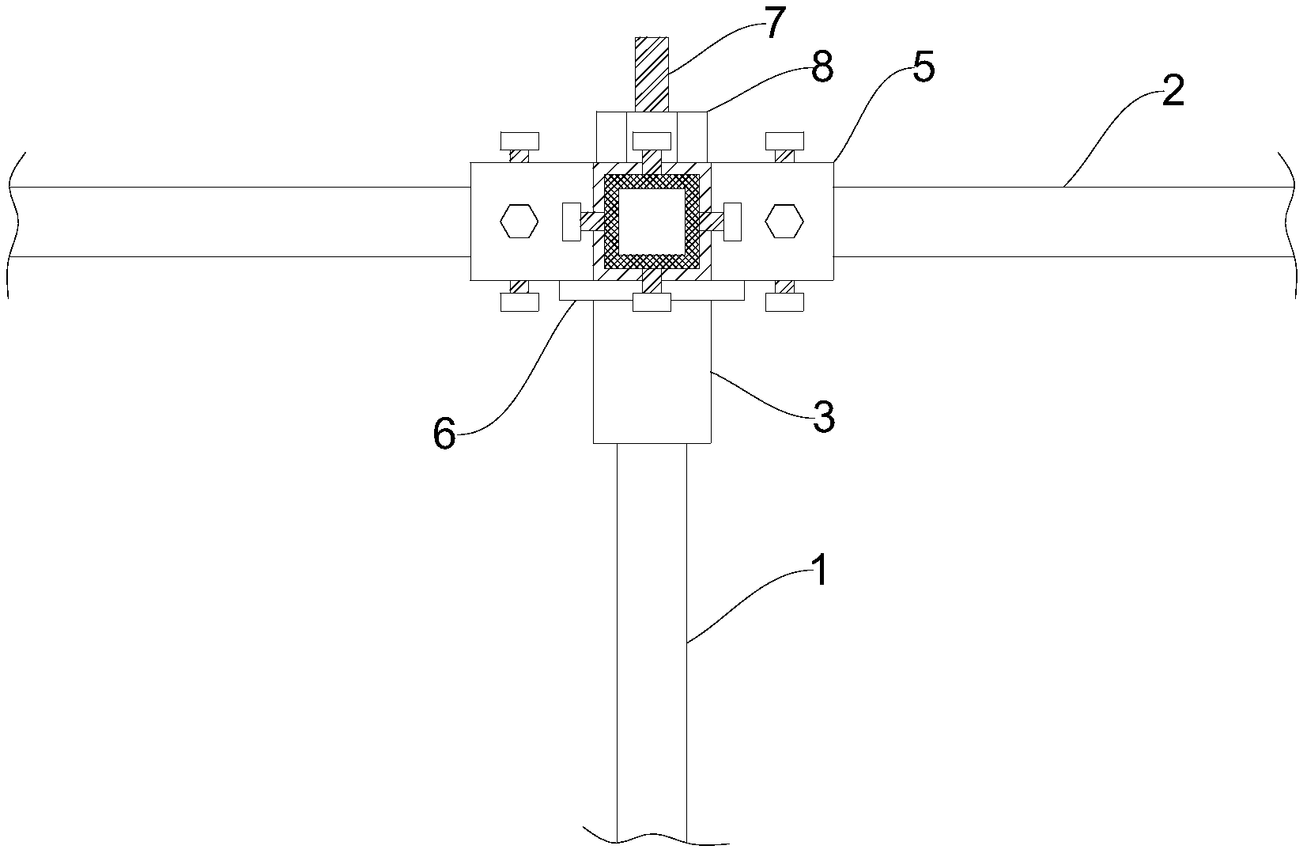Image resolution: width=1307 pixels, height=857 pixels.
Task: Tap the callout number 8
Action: (x=822, y=68)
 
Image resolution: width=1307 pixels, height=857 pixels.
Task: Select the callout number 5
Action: (x=923, y=69)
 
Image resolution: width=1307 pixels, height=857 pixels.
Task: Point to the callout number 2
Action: (x=1173, y=93)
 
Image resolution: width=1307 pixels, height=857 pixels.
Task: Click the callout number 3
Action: (x=823, y=417)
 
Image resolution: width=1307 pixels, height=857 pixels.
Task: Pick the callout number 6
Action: (x=444, y=434)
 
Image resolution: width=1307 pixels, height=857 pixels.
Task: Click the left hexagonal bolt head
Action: (x=519, y=222)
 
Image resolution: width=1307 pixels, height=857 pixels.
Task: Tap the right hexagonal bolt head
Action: (x=784, y=222)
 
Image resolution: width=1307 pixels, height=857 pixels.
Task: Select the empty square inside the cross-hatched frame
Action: (x=652, y=222)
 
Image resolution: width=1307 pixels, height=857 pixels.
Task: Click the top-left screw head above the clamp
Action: (x=519, y=141)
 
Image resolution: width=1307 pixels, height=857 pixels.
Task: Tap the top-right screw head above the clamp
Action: (x=785, y=141)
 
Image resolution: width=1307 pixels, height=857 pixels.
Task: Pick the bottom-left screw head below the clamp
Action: (x=519, y=301)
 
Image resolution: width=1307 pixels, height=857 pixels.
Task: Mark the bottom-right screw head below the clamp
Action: (x=785, y=301)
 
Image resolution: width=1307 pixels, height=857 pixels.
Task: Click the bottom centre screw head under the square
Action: (x=652, y=301)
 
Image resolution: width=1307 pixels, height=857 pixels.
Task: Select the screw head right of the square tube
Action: (x=733, y=222)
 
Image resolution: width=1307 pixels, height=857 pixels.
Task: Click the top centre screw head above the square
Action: (x=652, y=141)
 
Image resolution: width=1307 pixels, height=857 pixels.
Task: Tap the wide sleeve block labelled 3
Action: (x=652, y=372)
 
